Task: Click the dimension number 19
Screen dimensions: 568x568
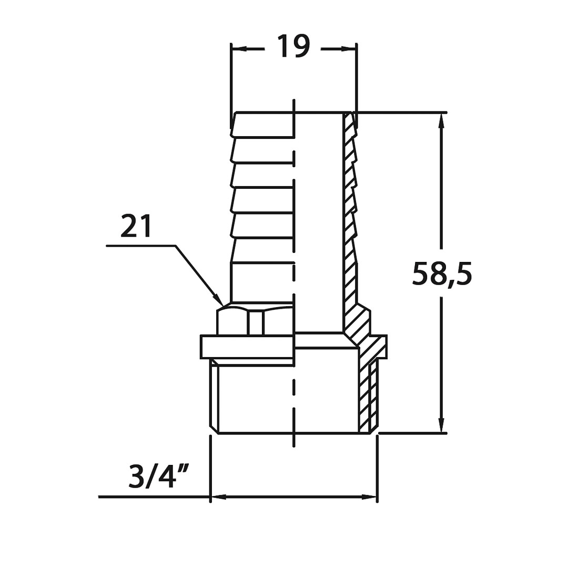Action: [x=293, y=46]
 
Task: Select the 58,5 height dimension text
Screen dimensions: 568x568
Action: [x=442, y=274]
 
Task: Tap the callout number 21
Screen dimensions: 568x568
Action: [x=136, y=226]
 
